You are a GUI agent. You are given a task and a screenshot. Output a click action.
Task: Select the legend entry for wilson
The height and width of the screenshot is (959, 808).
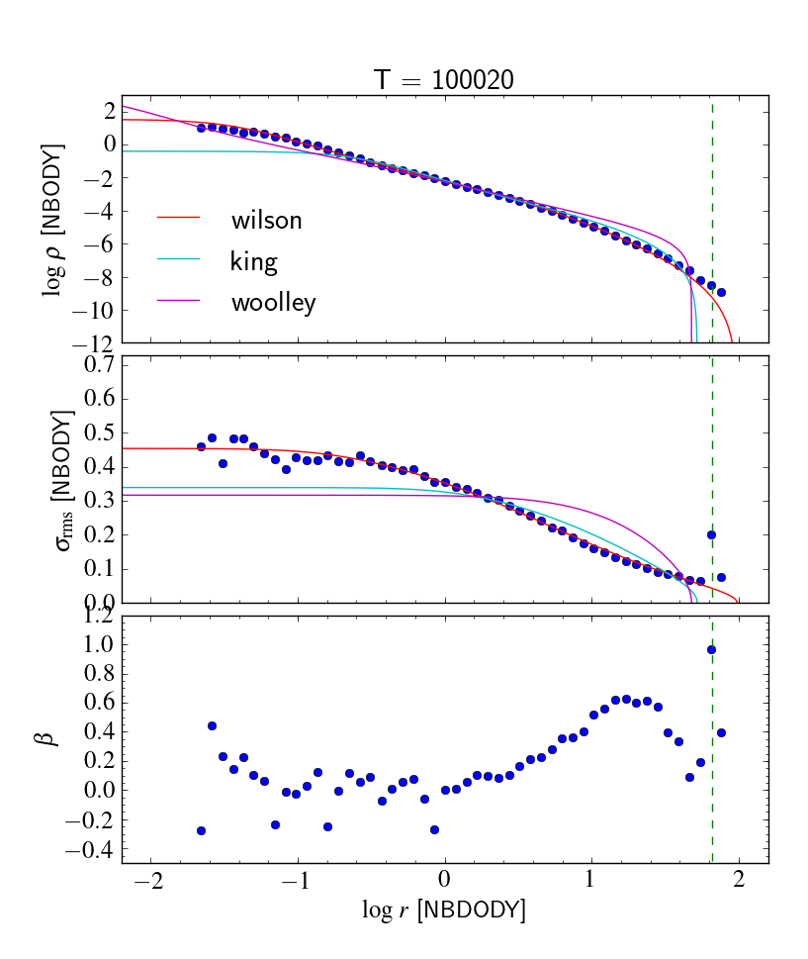266,221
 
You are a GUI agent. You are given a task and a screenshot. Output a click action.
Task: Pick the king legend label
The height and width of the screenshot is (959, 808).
253,261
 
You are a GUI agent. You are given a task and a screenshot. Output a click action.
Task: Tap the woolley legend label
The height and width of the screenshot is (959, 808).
273,302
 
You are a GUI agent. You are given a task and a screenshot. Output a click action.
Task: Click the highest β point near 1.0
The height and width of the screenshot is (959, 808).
711,650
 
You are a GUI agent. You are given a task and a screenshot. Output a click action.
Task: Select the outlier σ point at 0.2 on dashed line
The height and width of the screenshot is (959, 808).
711,534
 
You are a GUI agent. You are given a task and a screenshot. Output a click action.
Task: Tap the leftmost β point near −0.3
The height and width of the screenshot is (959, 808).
201,830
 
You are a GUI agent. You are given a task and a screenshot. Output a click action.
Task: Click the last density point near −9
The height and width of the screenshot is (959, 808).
721,292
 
